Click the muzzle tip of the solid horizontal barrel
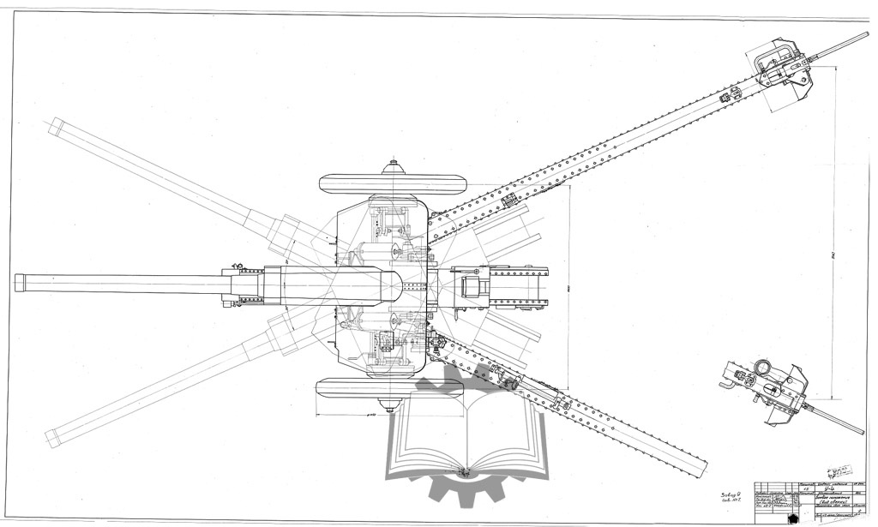coord(17,283)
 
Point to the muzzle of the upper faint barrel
coord(53,126)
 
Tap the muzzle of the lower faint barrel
coord(52,440)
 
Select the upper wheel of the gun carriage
coord(393,183)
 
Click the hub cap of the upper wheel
coord(393,163)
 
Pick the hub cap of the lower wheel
coord(393,405)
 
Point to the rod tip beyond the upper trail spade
coord(864,35)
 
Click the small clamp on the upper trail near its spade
coord(725,97)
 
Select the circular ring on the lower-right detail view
coord(761,368)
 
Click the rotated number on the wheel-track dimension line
coord(567,289)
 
